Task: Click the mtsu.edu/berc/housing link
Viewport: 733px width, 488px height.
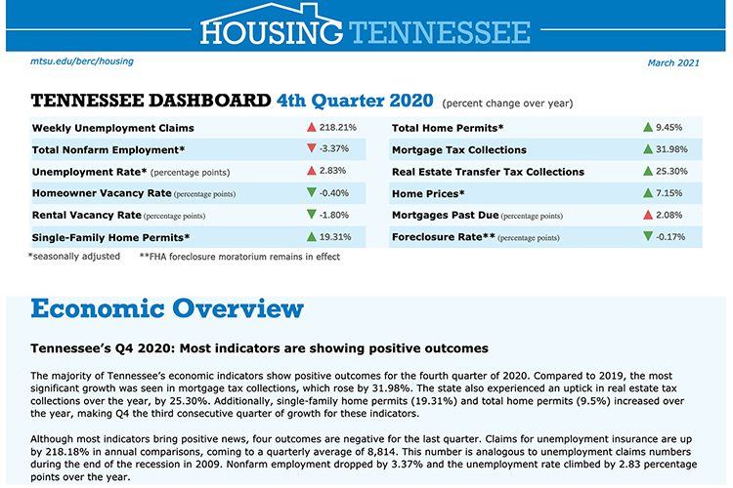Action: click(82, 61)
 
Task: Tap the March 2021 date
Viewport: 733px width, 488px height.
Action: click(673, 63)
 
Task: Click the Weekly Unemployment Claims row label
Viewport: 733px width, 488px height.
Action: click(113, 128)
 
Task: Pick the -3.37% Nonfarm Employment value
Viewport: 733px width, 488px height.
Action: click(333, 149)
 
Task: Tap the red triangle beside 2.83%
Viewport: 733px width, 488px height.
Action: click(311, 171)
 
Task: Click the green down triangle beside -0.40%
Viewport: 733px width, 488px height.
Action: click(311, 192)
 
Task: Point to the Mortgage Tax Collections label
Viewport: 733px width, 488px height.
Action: click(458, 150)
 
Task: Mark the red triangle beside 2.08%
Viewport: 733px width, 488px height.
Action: click(647, 214)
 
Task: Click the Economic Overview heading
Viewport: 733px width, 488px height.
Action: click(167, 310)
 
